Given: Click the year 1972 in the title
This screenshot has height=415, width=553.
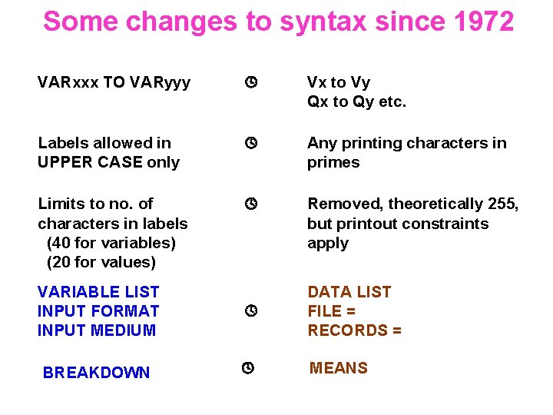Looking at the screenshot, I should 483,22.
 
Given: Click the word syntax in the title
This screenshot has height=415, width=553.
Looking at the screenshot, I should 323,23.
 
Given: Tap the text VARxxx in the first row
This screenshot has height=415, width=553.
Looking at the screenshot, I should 68,82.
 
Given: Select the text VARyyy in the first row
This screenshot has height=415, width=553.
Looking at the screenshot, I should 161,82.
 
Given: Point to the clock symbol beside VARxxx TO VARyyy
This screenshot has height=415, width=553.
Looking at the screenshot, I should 249,82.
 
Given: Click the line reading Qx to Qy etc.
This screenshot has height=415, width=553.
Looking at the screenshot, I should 356,101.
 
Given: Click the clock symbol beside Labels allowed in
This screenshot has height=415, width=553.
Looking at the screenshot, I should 249,143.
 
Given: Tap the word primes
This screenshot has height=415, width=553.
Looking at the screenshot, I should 333,162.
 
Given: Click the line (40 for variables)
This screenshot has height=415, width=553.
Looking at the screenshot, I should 111,243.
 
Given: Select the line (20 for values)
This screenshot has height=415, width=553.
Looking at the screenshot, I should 101,262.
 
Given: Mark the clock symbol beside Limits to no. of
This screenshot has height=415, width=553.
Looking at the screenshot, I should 249,204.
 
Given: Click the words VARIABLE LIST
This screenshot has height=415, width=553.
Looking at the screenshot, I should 98,292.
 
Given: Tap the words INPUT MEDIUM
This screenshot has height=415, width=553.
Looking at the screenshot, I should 97,330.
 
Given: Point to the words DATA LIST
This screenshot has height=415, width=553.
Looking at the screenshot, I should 349,292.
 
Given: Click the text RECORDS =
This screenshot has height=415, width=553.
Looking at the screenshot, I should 355,330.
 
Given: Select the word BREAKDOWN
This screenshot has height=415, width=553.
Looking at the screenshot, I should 97,373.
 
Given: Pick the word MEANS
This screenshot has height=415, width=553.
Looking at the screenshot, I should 339,368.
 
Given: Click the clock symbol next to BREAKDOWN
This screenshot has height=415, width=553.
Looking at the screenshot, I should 247,369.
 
